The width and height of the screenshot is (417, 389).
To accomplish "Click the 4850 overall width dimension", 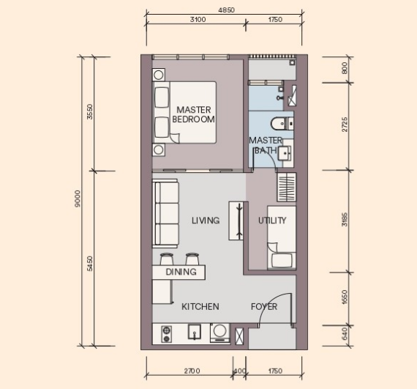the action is tap(226, 10).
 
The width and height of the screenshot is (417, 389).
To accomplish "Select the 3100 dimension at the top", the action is tap(198, 20).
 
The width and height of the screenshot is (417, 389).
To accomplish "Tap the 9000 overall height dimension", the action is tap(78, 199).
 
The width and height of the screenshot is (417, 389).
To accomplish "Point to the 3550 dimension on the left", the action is tap(90, 111).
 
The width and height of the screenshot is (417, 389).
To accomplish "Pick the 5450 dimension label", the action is tap(90, 264).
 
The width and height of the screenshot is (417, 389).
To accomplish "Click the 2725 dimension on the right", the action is tap(345, 124).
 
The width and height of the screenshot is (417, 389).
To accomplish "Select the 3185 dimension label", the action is tap(345, 219).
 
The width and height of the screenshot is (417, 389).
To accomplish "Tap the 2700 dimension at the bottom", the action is tap(192, 371).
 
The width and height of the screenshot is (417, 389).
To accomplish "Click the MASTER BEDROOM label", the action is tap(194, 114).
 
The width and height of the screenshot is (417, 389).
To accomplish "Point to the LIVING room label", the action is tap(206, 221).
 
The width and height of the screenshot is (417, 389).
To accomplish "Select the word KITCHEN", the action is tap(200, 307).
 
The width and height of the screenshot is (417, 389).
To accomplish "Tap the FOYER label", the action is tap(264, 307).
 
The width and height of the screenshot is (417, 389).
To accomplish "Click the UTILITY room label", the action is tap(272, 221).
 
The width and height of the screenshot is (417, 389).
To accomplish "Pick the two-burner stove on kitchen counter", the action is tap(166, 334).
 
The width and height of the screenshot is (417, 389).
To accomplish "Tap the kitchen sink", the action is tap(195, 332).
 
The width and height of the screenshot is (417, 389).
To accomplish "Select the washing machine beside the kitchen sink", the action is tap(220, 333).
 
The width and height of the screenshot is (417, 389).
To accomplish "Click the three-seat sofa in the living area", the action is tap(165, 213).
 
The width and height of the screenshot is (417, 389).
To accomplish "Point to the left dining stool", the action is tap(167, 259).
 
